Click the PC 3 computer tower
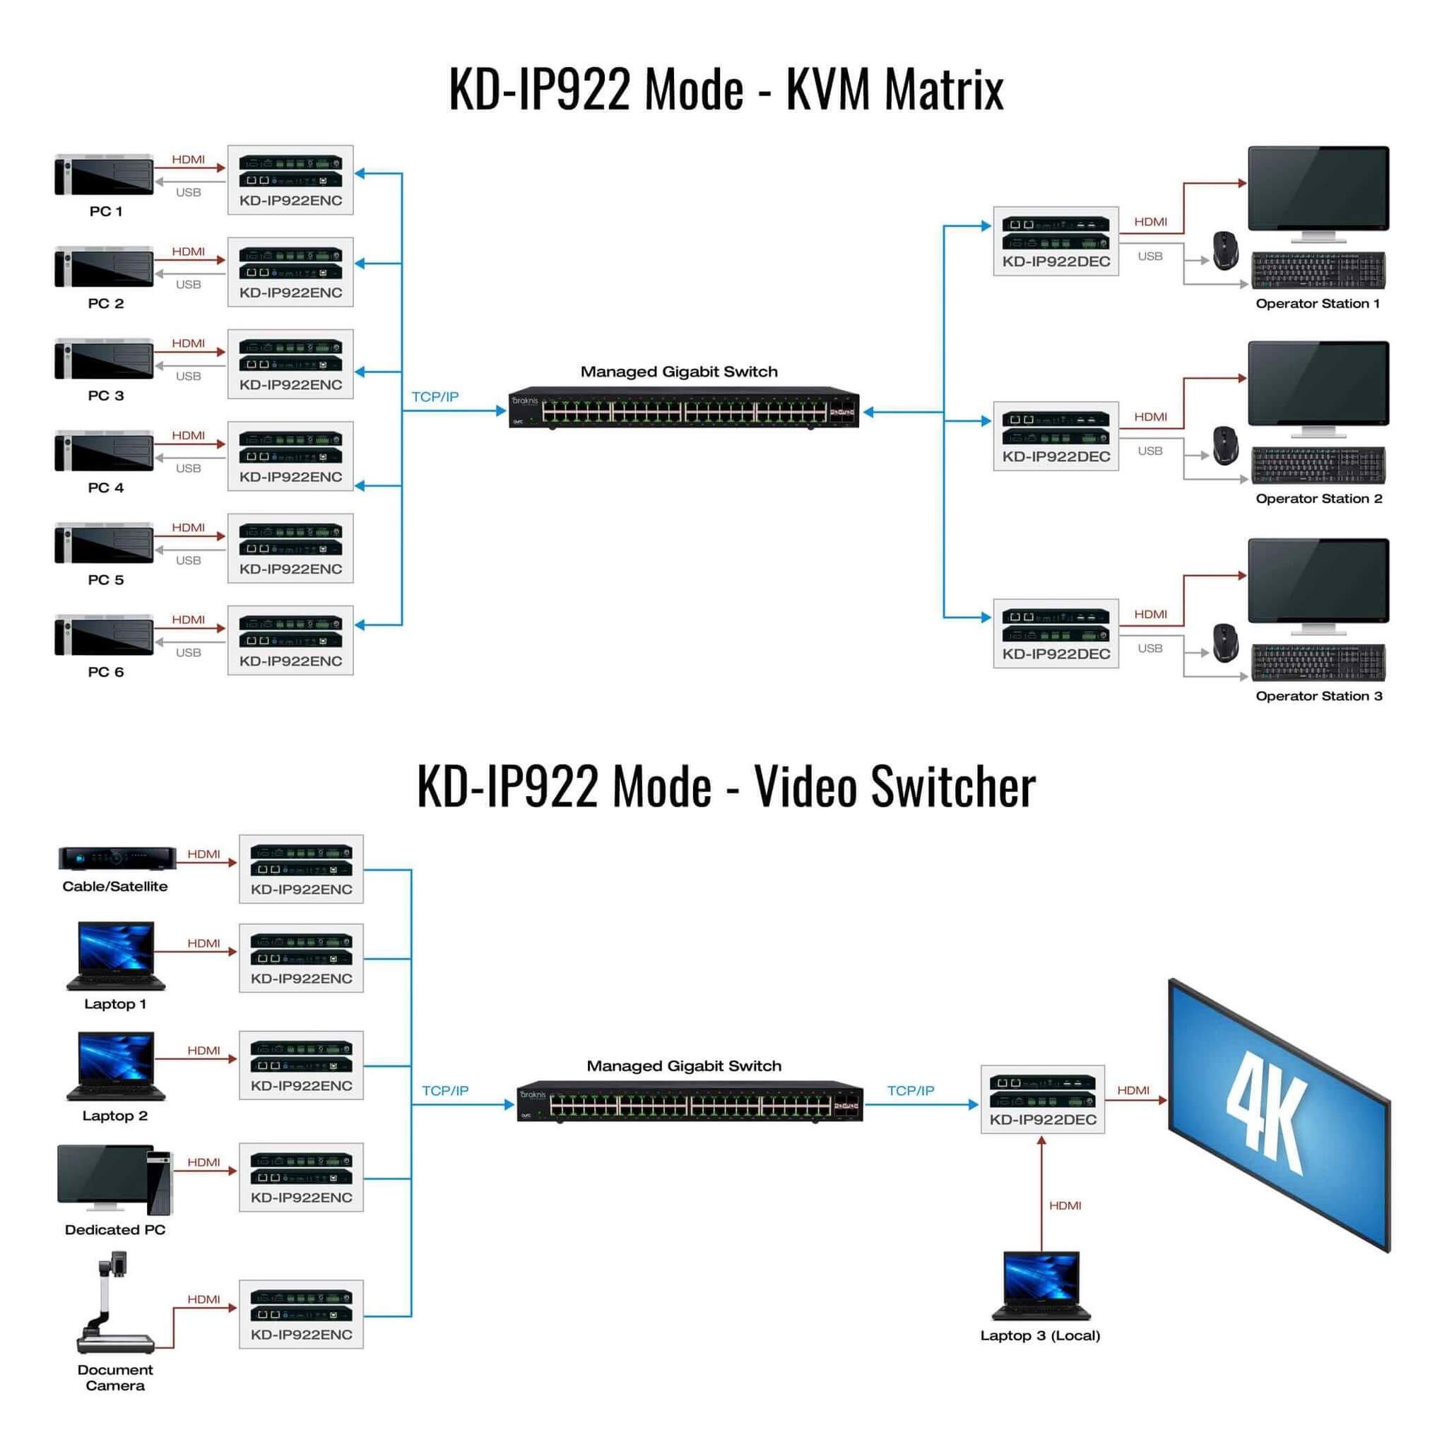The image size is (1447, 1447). tap(104, 360)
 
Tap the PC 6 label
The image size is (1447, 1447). tap(105, 672)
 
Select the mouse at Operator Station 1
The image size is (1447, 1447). tap(1225, 250)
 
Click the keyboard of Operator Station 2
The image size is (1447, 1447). tap(1318, 465)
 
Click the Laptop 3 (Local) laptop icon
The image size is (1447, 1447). tap(1041, 1285)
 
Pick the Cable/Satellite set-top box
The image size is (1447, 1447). tap(117, 858)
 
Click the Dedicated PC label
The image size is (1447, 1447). tap(114, 1230)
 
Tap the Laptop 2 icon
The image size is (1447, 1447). tap(116, 1065)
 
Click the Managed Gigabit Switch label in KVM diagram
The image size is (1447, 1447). tap(678, 372)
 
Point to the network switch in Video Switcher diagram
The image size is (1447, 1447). tap(690, 1102)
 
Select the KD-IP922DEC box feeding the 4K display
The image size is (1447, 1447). tap(1043, 1099)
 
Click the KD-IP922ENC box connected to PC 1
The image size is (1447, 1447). tap(290, 179)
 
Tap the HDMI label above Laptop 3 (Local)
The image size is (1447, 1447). tap(1065, 1205)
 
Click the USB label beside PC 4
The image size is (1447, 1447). tap(188, 468)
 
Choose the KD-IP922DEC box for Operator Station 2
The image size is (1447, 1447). tap(1056, 436)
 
